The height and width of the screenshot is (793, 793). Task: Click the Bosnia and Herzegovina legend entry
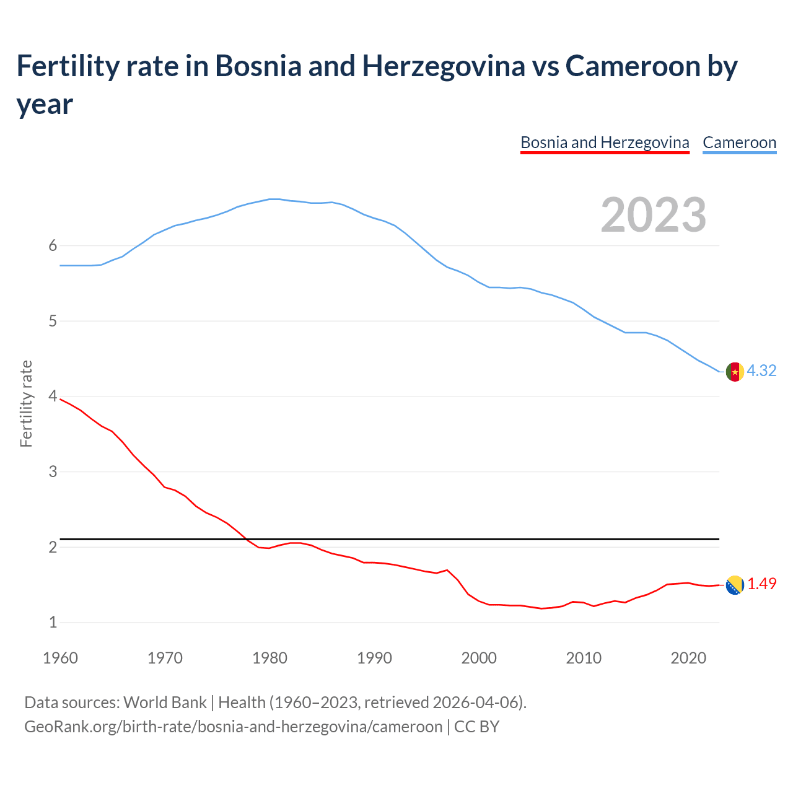tap(605, 142)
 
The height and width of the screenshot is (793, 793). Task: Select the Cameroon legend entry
tap(739, 142)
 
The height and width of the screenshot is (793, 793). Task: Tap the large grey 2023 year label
tap(654, 215)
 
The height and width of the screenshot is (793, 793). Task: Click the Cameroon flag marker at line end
tap(735, 372)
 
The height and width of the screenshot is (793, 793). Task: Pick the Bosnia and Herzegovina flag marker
tap(735, 585)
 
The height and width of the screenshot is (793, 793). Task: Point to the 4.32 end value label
tap(761, 370)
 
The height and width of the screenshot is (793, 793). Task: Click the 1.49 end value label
tap(761, 584)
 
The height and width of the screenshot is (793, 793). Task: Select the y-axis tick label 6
tap(53, 245)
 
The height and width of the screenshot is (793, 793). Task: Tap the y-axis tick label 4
tap(53, 396)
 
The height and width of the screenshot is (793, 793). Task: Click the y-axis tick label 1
tap(53, 622)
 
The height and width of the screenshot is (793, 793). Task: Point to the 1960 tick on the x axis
tap(60, 658)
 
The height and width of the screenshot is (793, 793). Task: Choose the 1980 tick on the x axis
tap(269, 658)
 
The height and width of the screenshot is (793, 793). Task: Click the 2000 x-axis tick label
tap(479, 658)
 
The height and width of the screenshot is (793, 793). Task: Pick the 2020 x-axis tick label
tap(688, 658)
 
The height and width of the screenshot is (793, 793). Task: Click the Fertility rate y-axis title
tap(26, 403)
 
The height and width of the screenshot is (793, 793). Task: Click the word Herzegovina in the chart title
tap(444, 66)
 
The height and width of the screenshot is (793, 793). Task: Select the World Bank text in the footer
tap(165, 703)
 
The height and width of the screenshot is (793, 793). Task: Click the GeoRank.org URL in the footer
tap(233, 726)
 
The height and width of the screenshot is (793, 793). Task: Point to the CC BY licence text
tap(476, 726)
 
